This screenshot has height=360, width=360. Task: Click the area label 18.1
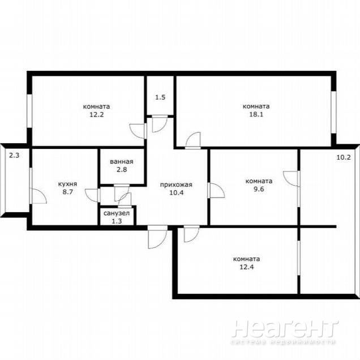256,114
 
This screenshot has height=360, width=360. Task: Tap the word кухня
67,184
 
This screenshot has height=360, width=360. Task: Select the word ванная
122,162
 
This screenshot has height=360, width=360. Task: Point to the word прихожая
176,185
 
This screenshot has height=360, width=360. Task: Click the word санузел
117,213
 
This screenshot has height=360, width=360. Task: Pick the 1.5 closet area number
160,97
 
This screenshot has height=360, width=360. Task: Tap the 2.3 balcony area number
14,156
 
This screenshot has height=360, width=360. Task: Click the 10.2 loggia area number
344,157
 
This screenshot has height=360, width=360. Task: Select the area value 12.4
247,267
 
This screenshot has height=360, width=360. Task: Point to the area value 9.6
259,189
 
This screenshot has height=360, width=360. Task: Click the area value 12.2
96,114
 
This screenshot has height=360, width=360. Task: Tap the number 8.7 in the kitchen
68,192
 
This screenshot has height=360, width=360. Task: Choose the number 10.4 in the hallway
177,192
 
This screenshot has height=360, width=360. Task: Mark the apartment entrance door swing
157,237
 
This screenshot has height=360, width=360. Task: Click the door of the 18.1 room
193,140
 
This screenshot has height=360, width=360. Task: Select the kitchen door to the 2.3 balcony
38,196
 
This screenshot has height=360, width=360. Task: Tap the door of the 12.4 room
192,234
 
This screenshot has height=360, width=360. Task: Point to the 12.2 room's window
29,111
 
